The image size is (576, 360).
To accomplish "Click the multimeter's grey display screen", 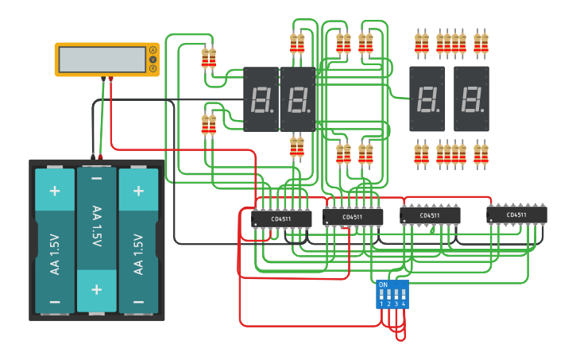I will [102, 60].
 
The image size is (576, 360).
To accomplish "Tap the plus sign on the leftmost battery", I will [55, 191].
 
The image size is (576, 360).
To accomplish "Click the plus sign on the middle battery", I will [97, 288].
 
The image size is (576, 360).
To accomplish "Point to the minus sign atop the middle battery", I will [97, 180].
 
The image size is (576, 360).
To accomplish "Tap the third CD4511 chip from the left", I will [430, 215].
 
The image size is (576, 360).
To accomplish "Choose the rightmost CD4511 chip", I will [516, 215].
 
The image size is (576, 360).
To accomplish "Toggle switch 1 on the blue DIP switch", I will [382, 295].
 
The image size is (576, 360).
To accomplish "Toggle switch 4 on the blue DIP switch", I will [404, 295].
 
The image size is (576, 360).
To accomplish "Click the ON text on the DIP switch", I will [383, 284].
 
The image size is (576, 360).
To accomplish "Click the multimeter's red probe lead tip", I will [110, 79].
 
